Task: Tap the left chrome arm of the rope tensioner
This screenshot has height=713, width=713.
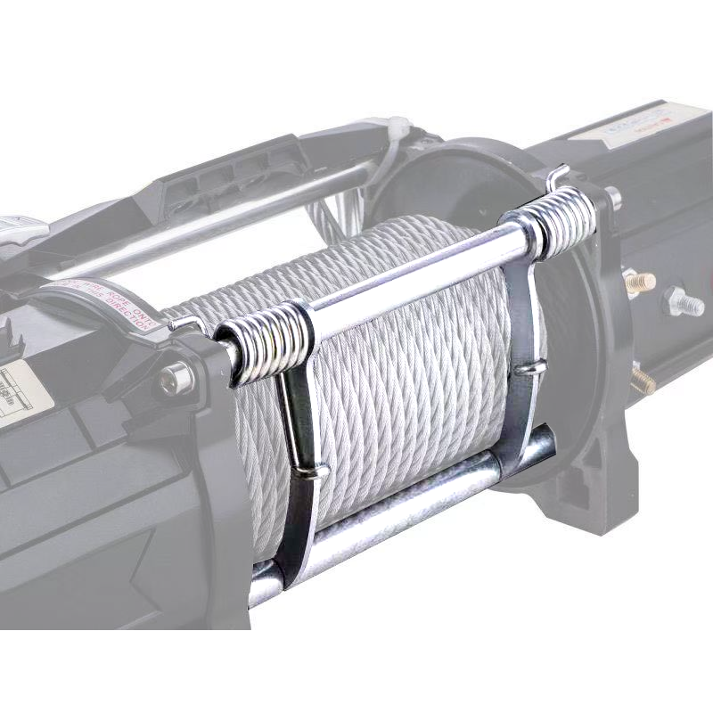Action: (x=299, y=463)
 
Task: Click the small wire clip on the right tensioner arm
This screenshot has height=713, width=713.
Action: (x=526, y=365)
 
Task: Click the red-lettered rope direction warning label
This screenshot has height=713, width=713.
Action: (x=107, y=303)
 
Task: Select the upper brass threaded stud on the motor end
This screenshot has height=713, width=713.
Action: (x=639, y=283)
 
